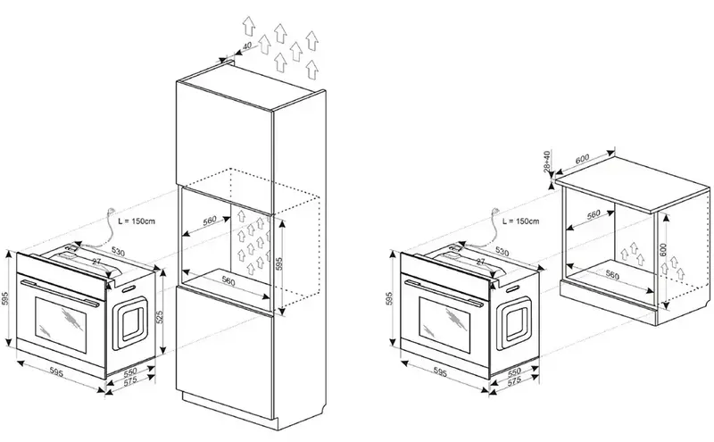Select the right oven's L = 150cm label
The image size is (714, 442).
point(519,218)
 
